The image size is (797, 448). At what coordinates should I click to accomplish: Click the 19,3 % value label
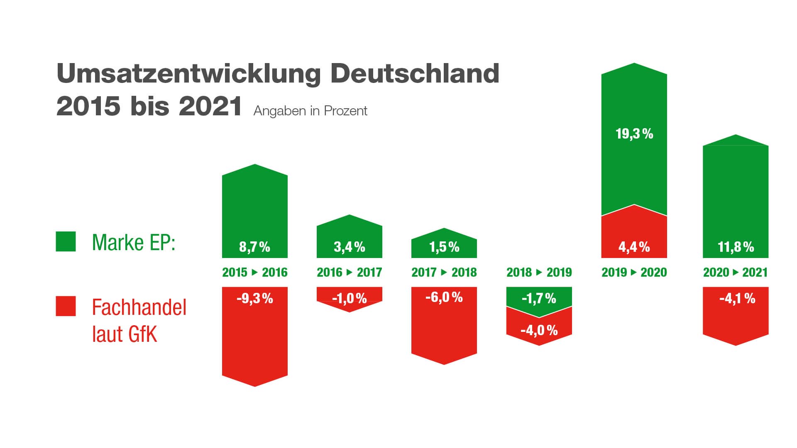point(634,134)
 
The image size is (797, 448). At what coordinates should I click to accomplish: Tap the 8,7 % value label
point(254,247)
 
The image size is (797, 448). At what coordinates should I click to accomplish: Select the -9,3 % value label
point(254,298)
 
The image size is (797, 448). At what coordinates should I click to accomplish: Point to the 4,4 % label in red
point(634,247)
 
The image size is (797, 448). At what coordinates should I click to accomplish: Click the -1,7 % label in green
point(539,298)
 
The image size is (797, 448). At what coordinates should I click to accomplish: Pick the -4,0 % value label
point(539,331)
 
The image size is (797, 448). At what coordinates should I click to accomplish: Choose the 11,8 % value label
point(736,247)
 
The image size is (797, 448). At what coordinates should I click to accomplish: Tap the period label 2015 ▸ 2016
point(254,273)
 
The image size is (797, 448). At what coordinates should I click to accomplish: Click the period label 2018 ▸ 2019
point(539,273)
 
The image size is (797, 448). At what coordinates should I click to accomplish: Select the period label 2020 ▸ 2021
point(735,273)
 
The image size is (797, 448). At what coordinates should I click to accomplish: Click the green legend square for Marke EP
point(66,241)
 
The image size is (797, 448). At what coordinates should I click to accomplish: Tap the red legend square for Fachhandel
point(66,306)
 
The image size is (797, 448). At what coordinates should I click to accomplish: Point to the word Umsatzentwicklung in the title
point(188,74)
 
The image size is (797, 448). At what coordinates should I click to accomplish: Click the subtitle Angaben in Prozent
point(310,111)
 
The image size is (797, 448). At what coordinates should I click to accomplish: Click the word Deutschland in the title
point(415,74)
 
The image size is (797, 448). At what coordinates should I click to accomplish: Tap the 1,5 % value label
point(444,247)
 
